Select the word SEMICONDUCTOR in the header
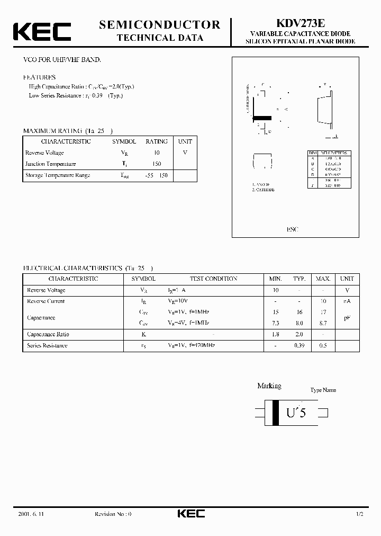pos(160,24)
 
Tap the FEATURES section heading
pos(39,77)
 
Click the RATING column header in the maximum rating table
pos(156,141)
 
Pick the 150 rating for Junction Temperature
pos(156,164)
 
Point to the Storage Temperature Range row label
pos(58,175)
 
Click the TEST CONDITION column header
pos(213,279)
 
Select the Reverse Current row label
pos(46,301)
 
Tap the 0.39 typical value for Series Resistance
pos(300,346)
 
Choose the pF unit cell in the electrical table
pos(347,318)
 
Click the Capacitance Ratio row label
pos(48,335)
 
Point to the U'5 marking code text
pos(296,413)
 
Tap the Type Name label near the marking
pos(323,390)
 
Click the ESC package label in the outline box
pos(293,229)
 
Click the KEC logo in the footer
pos(190,514)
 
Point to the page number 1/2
pos(359,514)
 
